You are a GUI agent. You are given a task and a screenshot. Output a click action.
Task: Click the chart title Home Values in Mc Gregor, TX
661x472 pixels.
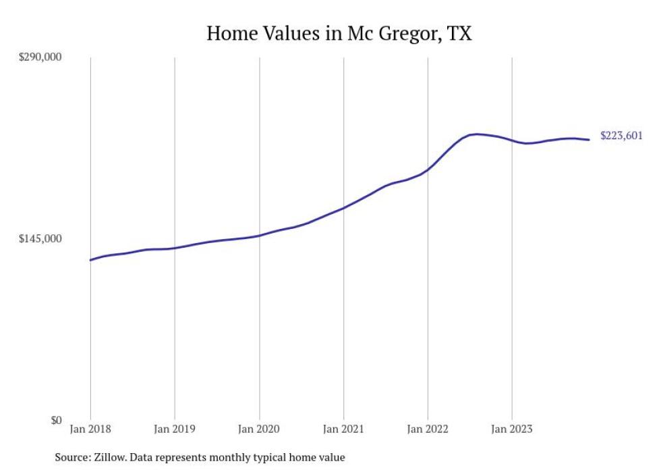pyautogui.click(x=339, y=33)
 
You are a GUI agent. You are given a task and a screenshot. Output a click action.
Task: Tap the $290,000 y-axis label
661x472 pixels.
pyautogui.click(x=40, y=57)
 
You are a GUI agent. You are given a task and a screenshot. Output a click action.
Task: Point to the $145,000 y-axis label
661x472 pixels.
pyautogui.click(x=40, y=239)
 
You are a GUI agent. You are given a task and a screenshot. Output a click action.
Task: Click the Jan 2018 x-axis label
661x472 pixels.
pyautogui.click(x=90, y=429)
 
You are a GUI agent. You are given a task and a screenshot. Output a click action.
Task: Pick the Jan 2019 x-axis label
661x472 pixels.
pyautogui.click(x=175, y=429)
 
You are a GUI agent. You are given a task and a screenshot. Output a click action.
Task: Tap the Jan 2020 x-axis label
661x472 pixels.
pyautogui.click(x=259, y=429)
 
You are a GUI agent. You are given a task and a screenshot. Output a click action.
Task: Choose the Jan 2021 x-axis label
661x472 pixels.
pyautogui.click(x=344, y=429)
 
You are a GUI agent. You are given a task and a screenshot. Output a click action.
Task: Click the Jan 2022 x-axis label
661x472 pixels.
pyautogui.click(x=428, y=429)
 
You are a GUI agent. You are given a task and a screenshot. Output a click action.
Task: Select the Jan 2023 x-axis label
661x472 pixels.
pyautogui.click(x=512, y=429)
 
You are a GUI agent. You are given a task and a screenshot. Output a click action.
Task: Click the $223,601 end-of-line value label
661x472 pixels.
pyautogui.click(x=621, y=136)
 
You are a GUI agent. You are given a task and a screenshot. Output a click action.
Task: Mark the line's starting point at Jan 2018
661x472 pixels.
pyautogui.click(x=90, y=260)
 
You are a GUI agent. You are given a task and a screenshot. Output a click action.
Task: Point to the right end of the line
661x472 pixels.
pyautogui.click(x=590, y=140)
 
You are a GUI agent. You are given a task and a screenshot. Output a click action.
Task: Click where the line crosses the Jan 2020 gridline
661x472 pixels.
pyautogui.click(x=259, y=236)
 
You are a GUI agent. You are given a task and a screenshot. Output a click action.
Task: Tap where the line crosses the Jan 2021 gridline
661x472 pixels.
pyautogui.click(x=344, y=207)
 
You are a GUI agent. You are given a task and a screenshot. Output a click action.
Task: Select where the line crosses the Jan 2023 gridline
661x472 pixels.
pyautogui.click(x=512, y=140)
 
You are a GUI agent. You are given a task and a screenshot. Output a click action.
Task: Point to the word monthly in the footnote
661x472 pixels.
pyautogui.click(x=235, y=457)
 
